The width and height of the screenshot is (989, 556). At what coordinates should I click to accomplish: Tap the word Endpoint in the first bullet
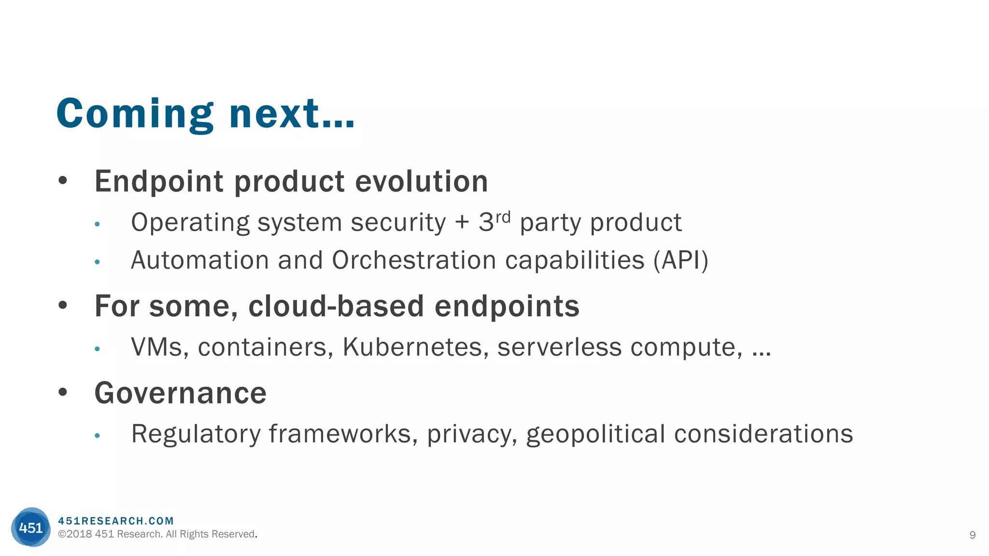pos(159,181)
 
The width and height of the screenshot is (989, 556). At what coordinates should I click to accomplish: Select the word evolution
pos(422,181)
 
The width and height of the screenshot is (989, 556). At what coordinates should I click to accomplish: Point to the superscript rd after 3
pos(503,217)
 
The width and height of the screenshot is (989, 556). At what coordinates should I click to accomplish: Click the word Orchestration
pos(414,260)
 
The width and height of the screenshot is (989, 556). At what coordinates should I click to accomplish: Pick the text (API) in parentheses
pos(681,260)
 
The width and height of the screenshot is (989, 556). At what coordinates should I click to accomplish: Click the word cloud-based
pos(336,306)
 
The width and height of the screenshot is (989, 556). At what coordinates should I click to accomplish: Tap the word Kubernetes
pos(412,347)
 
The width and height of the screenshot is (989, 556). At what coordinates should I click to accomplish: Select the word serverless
pos(559,347)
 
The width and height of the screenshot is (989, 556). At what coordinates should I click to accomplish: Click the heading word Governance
pos(180,393)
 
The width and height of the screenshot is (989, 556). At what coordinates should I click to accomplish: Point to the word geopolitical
pos(595,434)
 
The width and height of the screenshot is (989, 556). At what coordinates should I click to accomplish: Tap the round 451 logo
pos(30,527)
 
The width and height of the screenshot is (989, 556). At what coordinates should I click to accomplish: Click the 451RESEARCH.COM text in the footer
pos(116,521)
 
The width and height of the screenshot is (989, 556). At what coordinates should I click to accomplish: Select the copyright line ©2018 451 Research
pos(157,534)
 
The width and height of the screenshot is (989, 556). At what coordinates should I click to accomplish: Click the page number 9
pos(972,535)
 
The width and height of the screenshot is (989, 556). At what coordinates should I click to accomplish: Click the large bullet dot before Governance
pos(62,392)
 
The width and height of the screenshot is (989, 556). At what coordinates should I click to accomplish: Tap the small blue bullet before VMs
pos(97,349)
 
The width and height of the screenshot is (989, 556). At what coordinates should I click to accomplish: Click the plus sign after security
pos(462,222)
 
